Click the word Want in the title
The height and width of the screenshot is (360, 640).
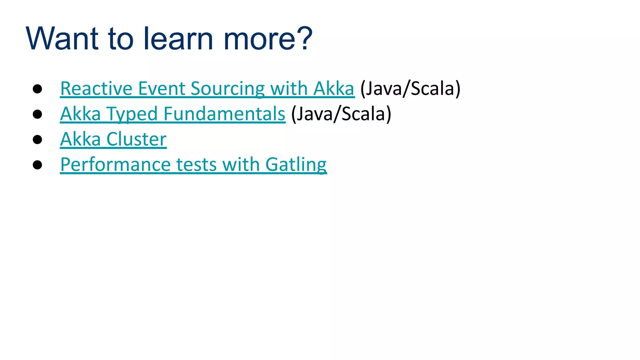(x=62, y=39)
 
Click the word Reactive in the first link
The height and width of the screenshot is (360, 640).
(x=96, y=89)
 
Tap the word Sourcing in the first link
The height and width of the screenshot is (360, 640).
(x=227, y=89)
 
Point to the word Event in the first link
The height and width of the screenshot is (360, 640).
(x=162, y=89)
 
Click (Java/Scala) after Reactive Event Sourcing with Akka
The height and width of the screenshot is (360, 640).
(x=410, y=89)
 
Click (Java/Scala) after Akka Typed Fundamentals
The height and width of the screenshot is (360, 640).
(x=341, y=114)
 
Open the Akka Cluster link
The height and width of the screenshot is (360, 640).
(x=113, y=139)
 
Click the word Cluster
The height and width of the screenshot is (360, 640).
(x=136, y=139)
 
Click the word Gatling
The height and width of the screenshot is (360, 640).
(x=296, y=165)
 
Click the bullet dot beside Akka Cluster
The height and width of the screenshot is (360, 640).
(x=37, y=140)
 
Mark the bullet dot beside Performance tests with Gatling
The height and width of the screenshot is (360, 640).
(x=37, y=165)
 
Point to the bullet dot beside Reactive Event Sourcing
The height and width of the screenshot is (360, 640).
(x=37, y=89)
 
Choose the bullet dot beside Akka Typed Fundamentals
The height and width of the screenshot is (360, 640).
(x=37, y=114)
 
